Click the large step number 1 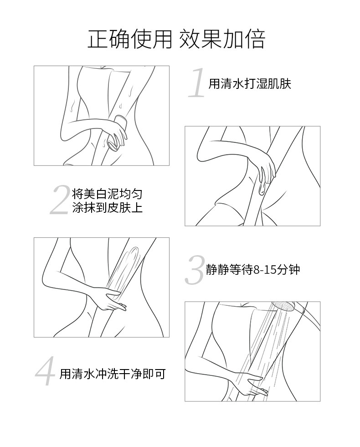click(x=197, y=82)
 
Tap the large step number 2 click(x=60, y=200)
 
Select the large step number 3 click(x=195, y=270)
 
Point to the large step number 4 click(x=45, y=371)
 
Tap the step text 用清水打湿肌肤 click(x=250, y=84)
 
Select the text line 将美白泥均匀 click(x=107, y=195)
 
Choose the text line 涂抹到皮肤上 click(x=107, y=207)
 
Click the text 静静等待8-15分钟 click(x=253, y=270)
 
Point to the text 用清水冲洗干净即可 click(x=112, y=374)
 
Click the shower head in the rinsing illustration click(x=283, y=307)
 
